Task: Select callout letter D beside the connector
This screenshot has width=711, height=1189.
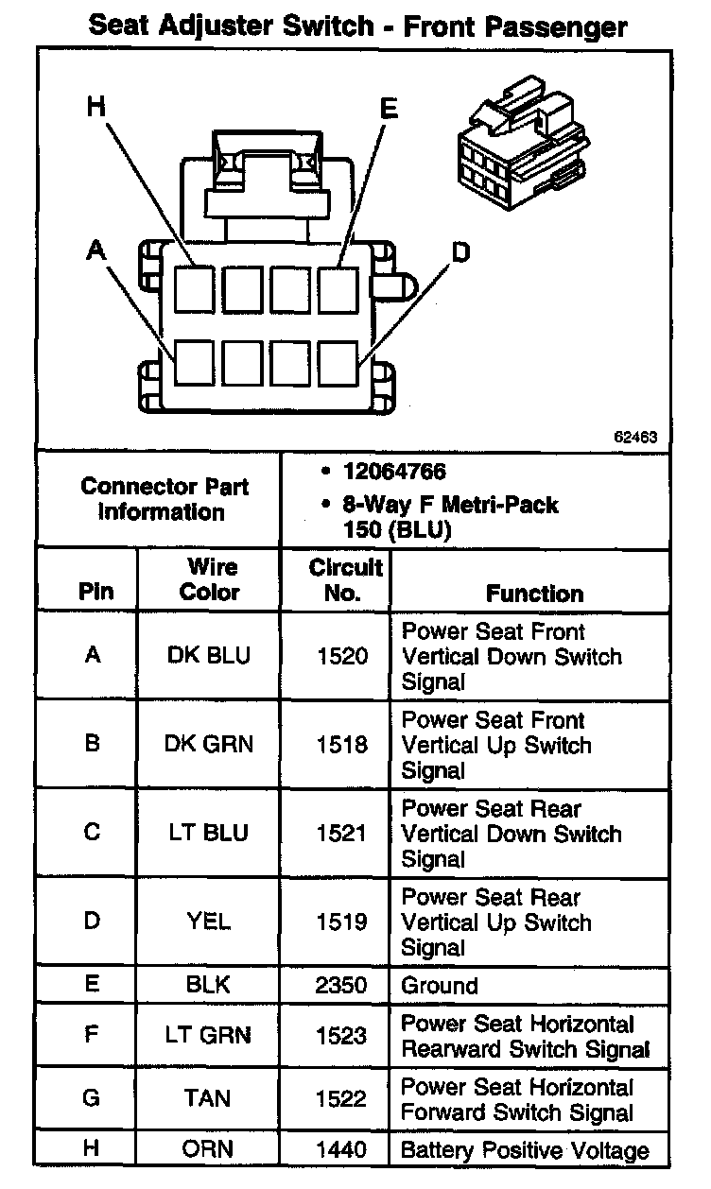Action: click(460, 251)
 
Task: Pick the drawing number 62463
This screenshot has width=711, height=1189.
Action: click(635, 438)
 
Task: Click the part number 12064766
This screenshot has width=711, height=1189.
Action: click(394, 471)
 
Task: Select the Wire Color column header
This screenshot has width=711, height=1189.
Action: click(209, 579)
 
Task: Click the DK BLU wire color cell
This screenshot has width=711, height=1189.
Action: click(209, 655)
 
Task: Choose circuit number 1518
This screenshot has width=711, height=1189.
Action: click(343, 744)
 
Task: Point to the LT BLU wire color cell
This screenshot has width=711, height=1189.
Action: click(209, 833)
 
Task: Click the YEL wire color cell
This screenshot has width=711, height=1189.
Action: click(209, 921)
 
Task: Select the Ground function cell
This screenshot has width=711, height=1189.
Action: click(440, 986)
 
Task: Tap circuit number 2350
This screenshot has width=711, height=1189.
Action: click(343, 986)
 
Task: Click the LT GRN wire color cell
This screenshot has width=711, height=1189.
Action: click(209, 1036)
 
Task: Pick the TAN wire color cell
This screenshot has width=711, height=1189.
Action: click(209, 1099)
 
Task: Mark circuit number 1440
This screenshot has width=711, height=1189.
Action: click(343, 1150)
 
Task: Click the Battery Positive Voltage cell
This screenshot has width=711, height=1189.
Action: click(525, 1150)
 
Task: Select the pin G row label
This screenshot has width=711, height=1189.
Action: click(92, 1099)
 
